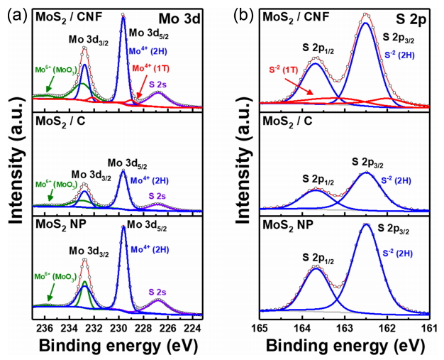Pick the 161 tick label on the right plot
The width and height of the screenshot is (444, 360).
[x=429, y=327]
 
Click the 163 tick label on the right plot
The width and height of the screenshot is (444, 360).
[x=345, y=327]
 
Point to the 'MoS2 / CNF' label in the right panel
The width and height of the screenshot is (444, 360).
[x=292, y=15]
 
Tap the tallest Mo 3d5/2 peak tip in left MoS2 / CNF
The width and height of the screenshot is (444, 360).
[x=123, y=17]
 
